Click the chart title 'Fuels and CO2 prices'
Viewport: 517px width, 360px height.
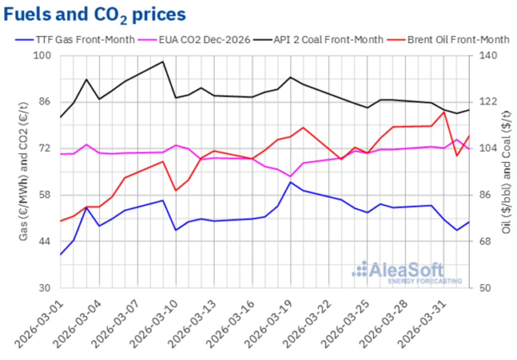coord(95,14)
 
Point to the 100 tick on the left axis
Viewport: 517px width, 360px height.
coord(44,56)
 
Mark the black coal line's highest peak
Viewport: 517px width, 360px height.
coord(163,62)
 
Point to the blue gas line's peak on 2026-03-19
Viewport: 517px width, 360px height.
coord(291,182)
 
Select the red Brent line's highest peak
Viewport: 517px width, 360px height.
coord(444,112)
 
